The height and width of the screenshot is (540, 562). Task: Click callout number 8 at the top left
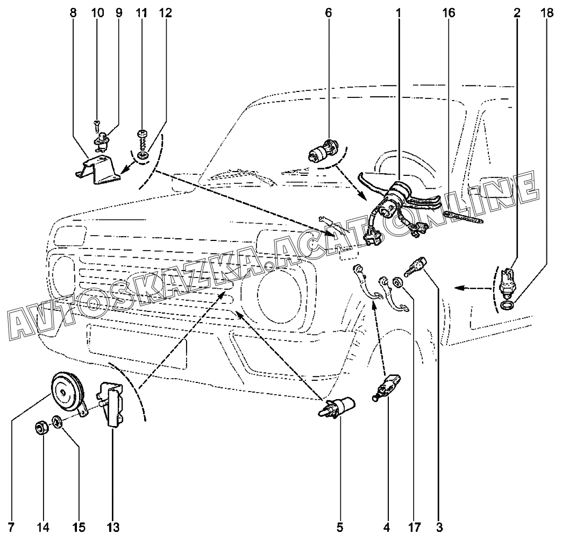(x=73, y=12)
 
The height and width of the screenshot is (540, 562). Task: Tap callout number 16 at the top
(x=448, y=12)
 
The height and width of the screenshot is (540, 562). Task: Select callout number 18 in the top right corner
(x=547, y=12)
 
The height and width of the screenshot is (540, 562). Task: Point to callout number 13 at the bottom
(x=113, y=527)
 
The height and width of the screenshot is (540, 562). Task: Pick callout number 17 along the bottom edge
(x=413, y=527)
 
